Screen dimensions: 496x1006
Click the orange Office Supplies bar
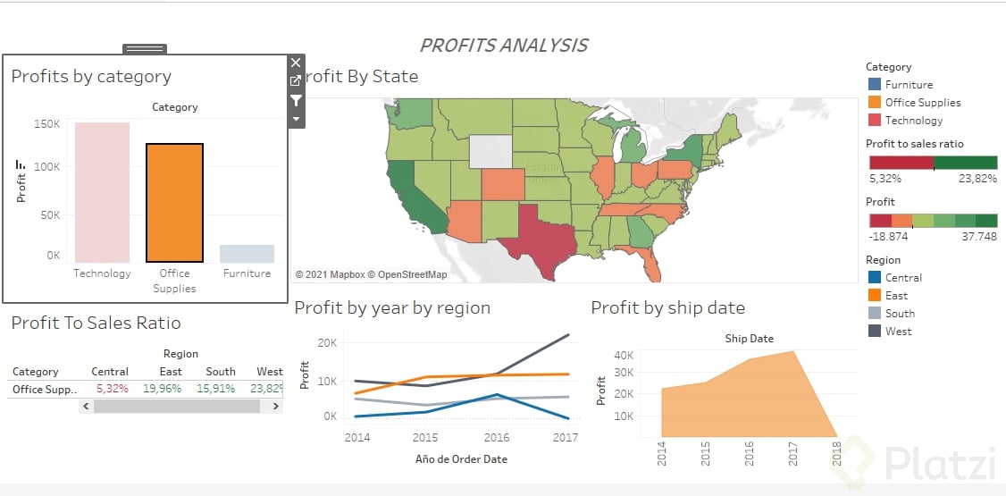click(174, 202)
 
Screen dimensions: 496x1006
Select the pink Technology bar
click(102, 191)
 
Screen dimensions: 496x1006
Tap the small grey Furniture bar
click(247, 253)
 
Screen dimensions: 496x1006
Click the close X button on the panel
click(297, 63)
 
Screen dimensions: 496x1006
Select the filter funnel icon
click(297, 100)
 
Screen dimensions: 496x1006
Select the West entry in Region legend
click(898, 332)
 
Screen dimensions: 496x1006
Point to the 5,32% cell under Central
click(112, 390)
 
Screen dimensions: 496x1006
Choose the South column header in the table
click(221, 372)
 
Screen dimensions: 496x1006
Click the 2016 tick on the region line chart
click(497, 438)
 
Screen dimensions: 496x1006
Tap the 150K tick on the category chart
click(46, 124)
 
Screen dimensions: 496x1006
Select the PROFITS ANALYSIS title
click(504, 46)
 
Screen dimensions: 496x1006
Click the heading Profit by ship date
click(667, 308)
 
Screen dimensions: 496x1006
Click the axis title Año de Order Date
click(461, 459)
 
